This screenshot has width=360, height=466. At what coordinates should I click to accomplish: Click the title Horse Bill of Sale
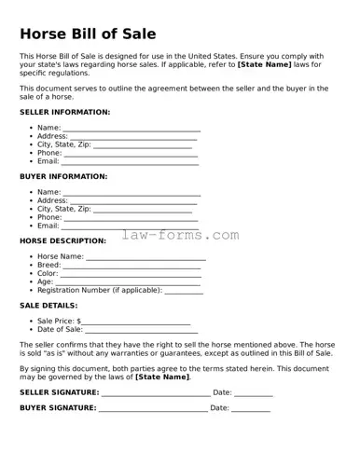95,34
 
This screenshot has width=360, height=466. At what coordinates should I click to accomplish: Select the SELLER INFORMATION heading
64,112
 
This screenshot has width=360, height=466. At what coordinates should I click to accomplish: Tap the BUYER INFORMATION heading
63,176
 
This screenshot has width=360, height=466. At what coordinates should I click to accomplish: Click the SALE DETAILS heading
48,305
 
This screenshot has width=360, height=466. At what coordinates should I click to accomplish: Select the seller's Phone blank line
132,155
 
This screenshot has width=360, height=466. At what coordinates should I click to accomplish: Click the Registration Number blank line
184,292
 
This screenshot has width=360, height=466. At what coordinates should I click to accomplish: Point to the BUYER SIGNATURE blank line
153,410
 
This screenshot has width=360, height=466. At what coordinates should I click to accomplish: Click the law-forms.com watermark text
180,236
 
